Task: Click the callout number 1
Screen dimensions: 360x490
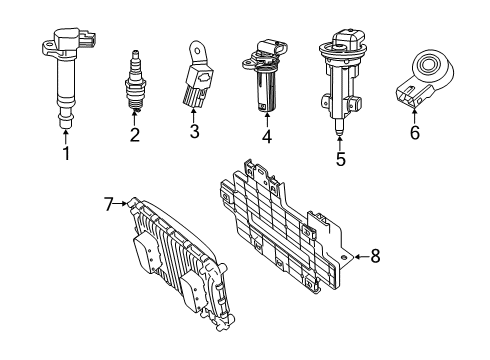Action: tap(66, 154)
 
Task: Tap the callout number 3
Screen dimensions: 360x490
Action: tap(194, 130)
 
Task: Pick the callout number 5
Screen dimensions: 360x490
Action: tap(339, 158)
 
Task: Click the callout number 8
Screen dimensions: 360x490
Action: tap(375, 257)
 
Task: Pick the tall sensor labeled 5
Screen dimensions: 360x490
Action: tap(337, 80)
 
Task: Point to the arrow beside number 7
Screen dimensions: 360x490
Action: tap(123, 204)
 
